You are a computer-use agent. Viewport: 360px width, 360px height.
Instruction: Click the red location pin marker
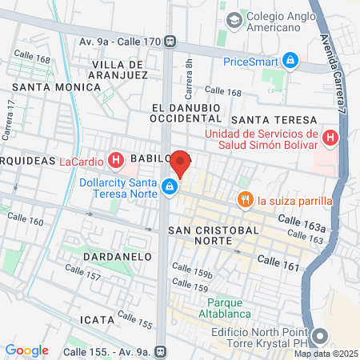[x=181, y=163]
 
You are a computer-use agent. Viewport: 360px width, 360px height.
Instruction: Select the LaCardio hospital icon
[x=116, y=161]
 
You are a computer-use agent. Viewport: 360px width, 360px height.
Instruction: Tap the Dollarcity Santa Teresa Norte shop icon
[x=170, y=187]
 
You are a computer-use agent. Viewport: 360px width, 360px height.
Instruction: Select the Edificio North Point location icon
[x=321, y=337]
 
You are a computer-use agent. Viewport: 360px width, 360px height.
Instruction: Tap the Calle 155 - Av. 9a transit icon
[x=161, y=350]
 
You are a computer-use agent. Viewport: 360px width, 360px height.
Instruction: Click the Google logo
[x=26, y=350]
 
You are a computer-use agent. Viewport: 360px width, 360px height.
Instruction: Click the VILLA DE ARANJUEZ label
[x=120, y=69]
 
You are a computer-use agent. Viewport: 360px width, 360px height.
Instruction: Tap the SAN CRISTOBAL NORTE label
[x=214, y=236]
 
